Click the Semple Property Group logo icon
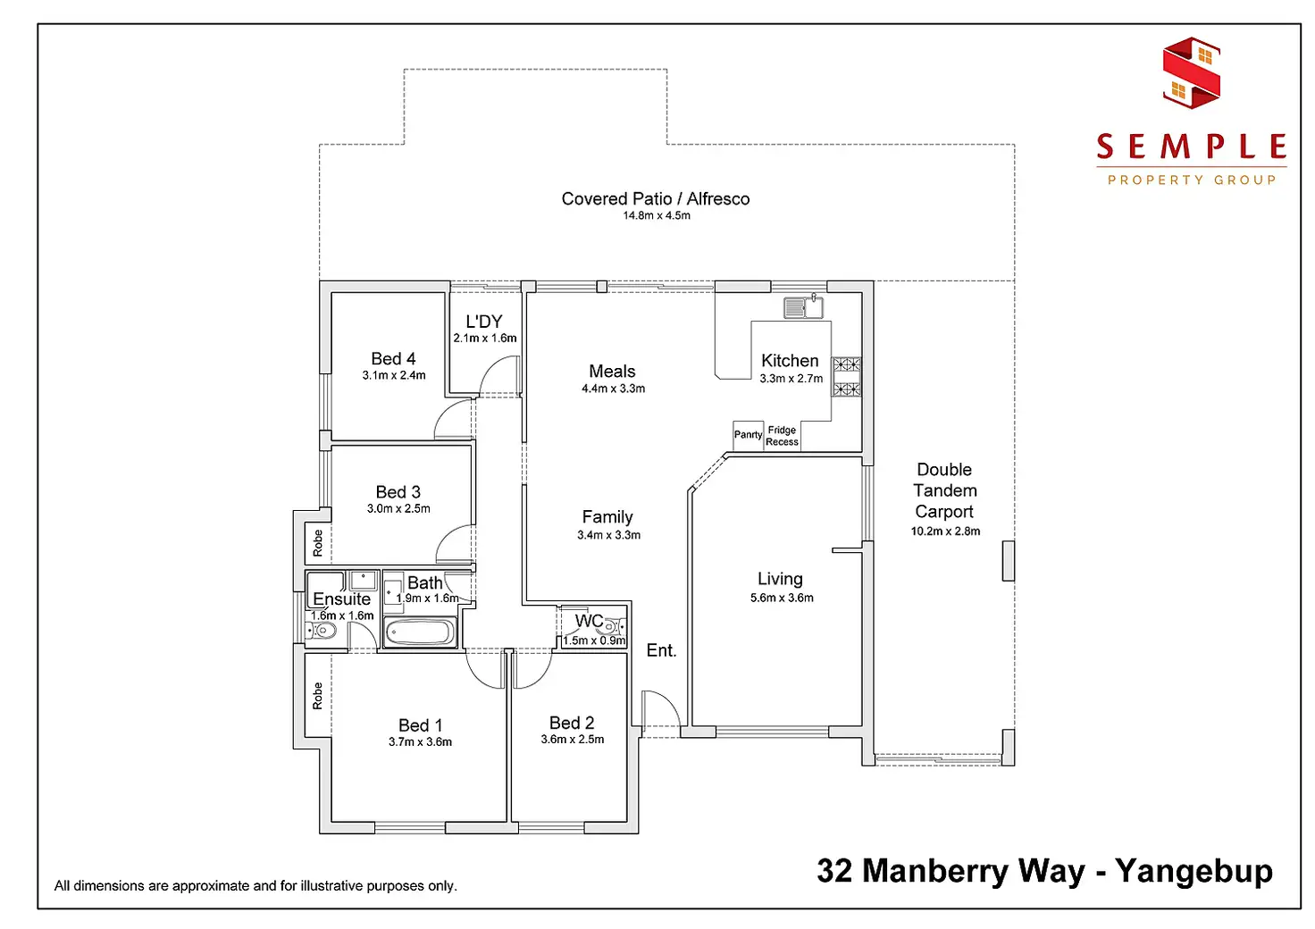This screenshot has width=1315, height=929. coord(1192,72)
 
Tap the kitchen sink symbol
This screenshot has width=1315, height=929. coord(803,307)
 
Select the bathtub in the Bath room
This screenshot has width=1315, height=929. coord(420,632)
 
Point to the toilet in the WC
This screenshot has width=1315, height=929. coord(614,627)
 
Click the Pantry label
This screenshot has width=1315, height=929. coord(748,435)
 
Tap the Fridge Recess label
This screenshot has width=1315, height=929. coord(782,436)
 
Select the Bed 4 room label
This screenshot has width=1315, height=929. coord(393,358)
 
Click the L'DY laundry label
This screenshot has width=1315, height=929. coord(484,322)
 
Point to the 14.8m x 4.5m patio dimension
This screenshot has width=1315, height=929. coord(657,215)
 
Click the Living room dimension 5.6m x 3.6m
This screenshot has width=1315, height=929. coord(782,598)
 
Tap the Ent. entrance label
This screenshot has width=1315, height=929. coord(661,650)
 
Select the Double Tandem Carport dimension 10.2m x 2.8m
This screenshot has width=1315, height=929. coord(945,531)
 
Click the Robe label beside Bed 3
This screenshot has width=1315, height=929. coord(317,542)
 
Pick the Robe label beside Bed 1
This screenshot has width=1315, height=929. coord(317,696)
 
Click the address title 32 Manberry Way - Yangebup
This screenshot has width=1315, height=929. coord(1044,870)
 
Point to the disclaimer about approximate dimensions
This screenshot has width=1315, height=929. coord(255,885)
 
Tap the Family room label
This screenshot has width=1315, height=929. coord(607,516)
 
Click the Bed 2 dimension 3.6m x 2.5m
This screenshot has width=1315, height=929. coord(572,739)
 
